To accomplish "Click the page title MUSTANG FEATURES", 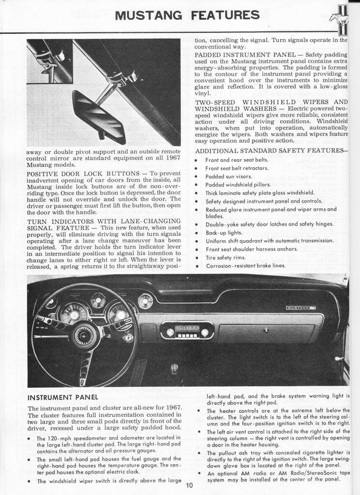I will click(x=187, y=15).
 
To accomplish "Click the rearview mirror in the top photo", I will click(x=99, y=117).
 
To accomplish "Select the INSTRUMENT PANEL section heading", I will click(x=63, y=397).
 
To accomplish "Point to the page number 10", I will click(x=188, y=486).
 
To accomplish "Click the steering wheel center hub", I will click(x=85, y=335).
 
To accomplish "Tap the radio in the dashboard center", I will click(x=187, y=331).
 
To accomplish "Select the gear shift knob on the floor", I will click(x=174, y=369).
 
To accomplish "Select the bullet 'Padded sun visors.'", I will click(x=229, y=176).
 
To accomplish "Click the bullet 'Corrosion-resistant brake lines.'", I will click(x=245, y=266).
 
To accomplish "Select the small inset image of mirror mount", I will click(x=49, y=61).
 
